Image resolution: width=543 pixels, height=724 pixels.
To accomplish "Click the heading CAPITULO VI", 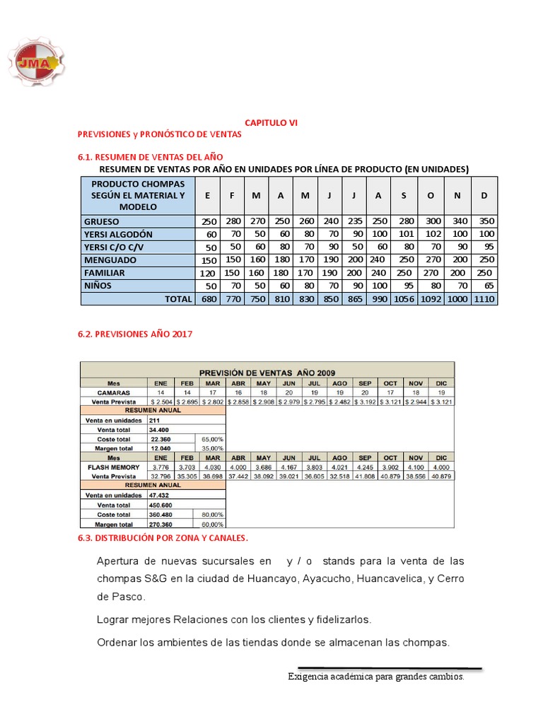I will [x=271, y=122].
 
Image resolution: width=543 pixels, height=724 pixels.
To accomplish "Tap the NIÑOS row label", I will [x=100, y=286].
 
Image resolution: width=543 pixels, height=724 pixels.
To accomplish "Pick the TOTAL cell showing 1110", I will [x=484, y=299].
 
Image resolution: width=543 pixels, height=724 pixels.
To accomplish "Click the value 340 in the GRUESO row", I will [x=457, y=221].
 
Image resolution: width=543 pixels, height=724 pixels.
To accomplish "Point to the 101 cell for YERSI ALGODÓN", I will [x=404, y=234].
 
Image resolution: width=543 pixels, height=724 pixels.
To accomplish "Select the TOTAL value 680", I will [x=208, y=299].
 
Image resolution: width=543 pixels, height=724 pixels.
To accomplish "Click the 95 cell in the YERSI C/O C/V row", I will [x=484, y=247].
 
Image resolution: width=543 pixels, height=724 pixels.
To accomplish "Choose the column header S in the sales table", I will [x=404, y=195].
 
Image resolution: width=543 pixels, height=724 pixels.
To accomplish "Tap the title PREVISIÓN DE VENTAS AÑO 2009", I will [x=267, y=373].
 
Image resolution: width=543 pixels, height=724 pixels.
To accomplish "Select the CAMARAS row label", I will [x=113, y=392].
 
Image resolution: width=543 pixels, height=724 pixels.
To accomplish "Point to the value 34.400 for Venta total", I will [x=158, y=429].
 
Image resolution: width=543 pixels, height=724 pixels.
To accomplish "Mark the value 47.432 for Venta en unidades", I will [x=158, y=496].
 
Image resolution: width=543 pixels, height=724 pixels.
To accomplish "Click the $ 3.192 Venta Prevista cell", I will [x=365, y=401].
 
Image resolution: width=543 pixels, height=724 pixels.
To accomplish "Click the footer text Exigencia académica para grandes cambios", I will [x=375, y=677].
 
